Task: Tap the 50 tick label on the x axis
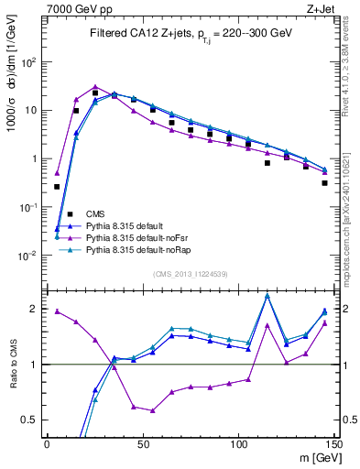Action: (x=143, y=445)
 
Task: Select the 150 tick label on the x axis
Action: (x=334, y=445)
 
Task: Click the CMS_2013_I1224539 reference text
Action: (x=191, y=273)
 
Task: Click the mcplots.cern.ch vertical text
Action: (x=352, y=220)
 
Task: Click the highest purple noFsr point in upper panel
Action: (x=95, y=87)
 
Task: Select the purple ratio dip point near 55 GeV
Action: (x=153, y=410)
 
